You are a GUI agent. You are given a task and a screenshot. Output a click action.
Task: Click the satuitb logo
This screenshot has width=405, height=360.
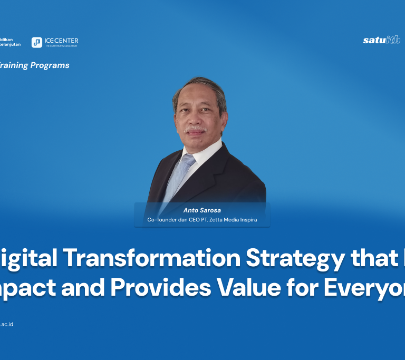(x=381, y=40)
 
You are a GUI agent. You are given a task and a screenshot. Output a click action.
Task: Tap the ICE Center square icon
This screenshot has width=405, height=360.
(x=37, y=42)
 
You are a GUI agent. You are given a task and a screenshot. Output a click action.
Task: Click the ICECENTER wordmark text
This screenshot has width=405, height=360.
(x=61, y=41)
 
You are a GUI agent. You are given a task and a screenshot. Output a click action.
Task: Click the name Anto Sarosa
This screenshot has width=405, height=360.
(x=202, y=210)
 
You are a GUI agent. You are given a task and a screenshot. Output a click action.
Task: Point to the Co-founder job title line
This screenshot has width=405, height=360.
(x=202, y=219)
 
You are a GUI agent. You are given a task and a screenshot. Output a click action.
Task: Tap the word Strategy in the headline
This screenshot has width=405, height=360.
(x=296, y=258)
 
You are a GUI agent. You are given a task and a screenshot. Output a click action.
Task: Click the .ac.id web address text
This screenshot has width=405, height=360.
(x=6, y=324)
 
